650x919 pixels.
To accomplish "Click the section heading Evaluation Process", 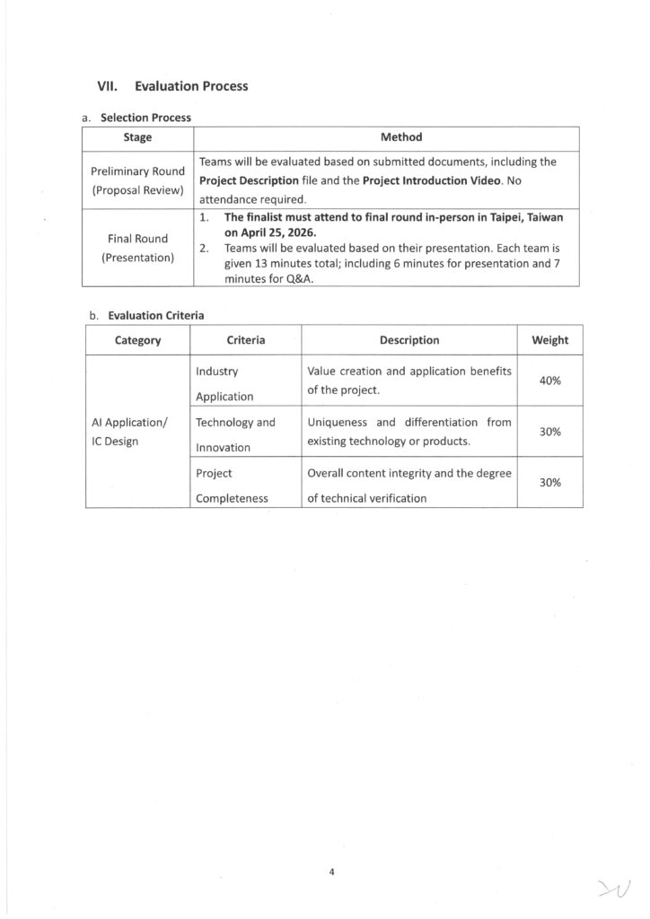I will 190,86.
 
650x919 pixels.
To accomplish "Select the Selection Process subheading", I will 145,118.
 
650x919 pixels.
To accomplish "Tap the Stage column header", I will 137,137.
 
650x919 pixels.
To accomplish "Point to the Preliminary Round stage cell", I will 137,179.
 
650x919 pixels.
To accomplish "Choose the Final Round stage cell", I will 137,248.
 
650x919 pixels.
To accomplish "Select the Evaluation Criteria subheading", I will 155,315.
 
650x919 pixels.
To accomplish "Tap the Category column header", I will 137,340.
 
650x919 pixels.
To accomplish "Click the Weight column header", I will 549,340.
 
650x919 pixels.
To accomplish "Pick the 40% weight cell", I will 549,381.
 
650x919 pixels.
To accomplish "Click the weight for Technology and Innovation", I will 549,432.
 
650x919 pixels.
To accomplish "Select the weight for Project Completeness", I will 549,482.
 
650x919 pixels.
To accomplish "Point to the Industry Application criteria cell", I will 224,382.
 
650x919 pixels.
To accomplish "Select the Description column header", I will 409,340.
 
